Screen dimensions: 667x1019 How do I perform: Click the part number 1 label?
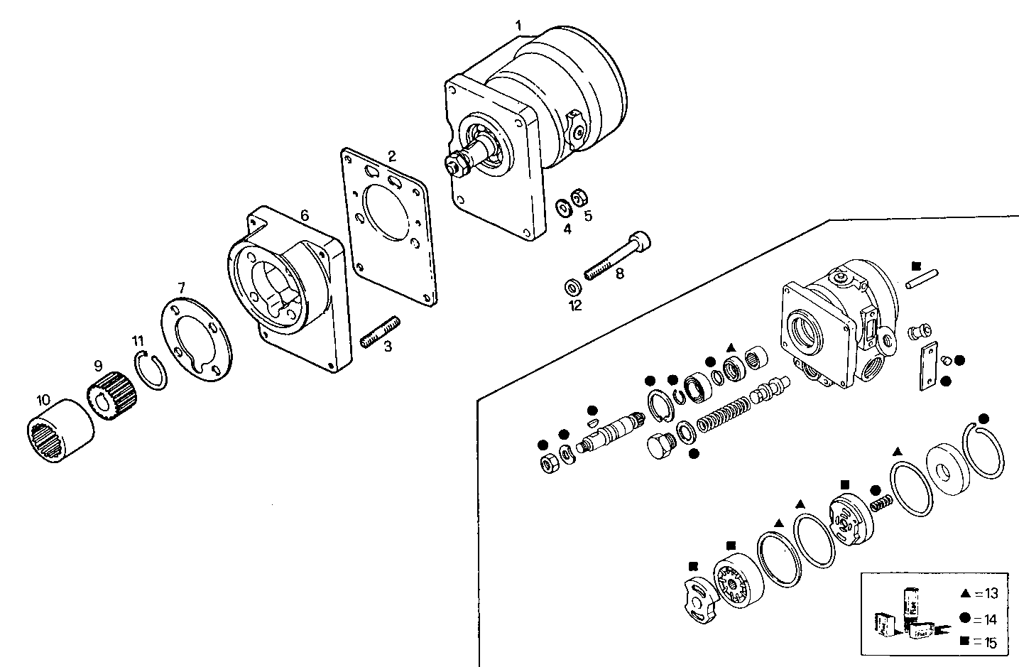[518, 26]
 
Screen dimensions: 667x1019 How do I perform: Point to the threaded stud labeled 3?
[381, 332]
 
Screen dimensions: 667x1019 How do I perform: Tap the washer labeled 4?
[563, 207]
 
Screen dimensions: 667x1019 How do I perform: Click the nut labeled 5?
[577, 195]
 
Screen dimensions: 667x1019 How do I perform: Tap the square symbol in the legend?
[965, 642]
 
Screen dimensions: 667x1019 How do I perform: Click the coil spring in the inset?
[723, 414]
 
